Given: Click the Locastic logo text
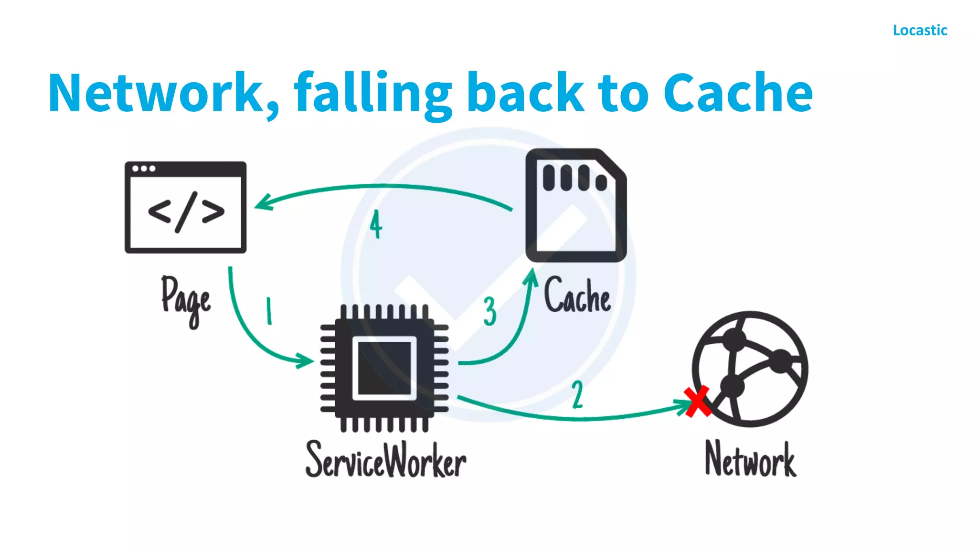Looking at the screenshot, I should pyautogui.click(x=920, y=30).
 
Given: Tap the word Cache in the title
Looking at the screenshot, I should pyautogui.click(x=738, y=93).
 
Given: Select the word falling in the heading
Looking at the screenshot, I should pyautogui.click(x=372, y=93).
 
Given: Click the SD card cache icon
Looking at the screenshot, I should pyautogui.click(x=575, y=205).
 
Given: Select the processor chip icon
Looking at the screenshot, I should pyautogui.click(x=384, y=368).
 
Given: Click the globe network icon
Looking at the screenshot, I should pyautogui.click(x=750, y=369).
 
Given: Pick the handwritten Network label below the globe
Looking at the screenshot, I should pyautogui.click(x=751, y=459).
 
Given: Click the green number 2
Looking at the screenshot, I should pyautogui.click(x=578, y=394).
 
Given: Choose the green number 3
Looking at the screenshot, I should pyautogui.click(x=489, y=311).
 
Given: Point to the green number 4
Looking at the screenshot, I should pyautogui.click(x=376, y=224).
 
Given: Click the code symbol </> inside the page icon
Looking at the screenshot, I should pyautogui.click(x=186, y=212).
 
